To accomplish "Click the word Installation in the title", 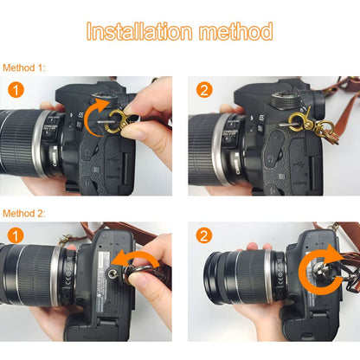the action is pyautogui.click(x=139, y=31).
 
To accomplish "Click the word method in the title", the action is pyautogui.click(x=235, y=31).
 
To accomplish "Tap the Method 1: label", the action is pyautogui.click(x=24, y=67).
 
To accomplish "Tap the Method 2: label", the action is pyautogui.click(x=24, y=214).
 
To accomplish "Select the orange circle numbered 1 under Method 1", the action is pyautogui.click(x=16, y=89).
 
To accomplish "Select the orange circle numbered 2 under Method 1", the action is pyautogui.click(x=204, y=89).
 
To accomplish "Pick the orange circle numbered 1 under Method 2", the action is pyautogui.click(x=16, y=235).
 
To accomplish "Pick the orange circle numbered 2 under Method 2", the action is pyautogui.click(x=204, y=235).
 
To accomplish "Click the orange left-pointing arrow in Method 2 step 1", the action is pyautogui.click(x=136, y=255).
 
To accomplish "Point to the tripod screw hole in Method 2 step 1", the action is pyautogui.click(x=112, y=273).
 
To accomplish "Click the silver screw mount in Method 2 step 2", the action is pyautogui.click(x=320, y=271).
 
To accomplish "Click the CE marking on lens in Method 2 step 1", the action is pyautogui.click(x=68, y=280).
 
